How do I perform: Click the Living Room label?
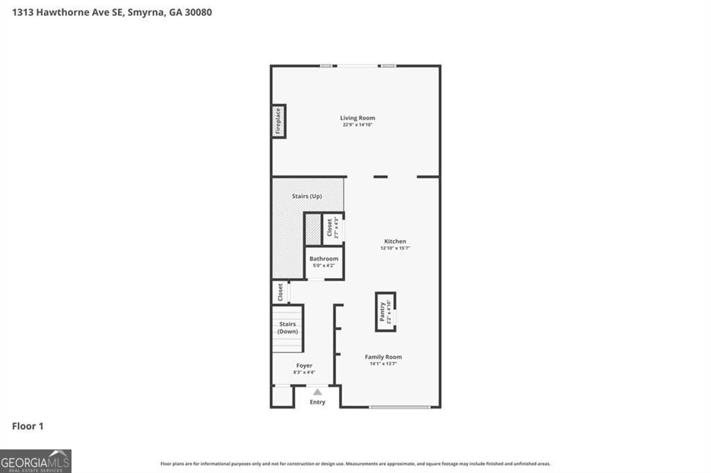(x=357, y=118)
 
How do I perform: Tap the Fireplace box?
(x=278, y=121)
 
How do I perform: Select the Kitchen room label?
(x=395, y=241)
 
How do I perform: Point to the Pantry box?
(x=385, y=311)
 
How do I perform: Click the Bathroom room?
(x=324, y=262)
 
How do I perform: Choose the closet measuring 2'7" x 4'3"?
(x=333, y=228)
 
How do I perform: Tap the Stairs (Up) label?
(x=307, y=196)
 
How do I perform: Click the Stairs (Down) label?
(x=287, y=328)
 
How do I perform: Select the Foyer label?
(x=304, y=365)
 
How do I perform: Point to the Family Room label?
(x=383, y=357)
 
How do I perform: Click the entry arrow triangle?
(x=317, y=392)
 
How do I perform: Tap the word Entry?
(x=317, y=402)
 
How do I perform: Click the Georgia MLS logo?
(x=35, y=461)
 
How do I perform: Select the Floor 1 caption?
(x=28, y=426)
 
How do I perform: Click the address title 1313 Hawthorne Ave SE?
(x=112, y=12)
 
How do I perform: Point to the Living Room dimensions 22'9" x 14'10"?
(x=357, y=125)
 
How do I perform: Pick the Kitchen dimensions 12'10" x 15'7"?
(x=395, y=248)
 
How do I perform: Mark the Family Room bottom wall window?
(x=399, y=407)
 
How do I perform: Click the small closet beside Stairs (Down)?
(x=280, y=292)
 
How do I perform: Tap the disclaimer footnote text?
(x=355, y=463)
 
